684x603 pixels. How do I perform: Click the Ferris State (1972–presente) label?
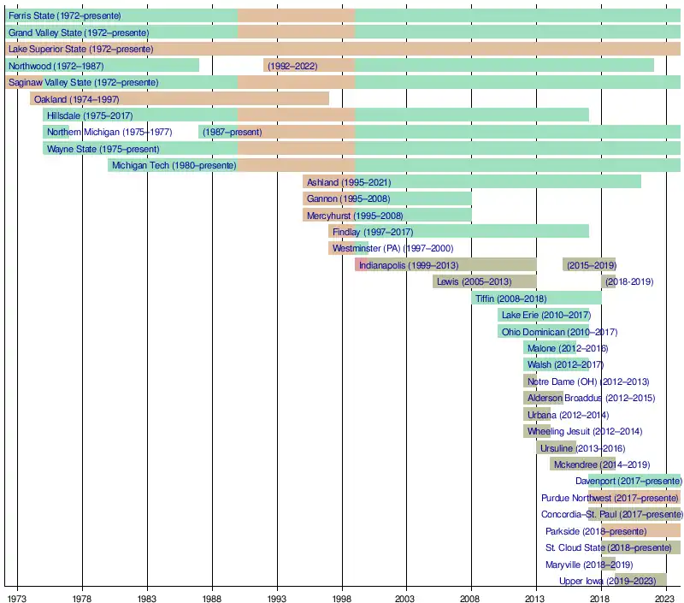(64, 16)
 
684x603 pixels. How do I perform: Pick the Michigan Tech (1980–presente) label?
(174, 165)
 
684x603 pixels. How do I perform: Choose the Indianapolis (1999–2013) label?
(409, 265)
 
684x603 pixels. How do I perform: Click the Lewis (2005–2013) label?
(474, 281)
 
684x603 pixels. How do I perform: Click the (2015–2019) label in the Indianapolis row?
(591, 265)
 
